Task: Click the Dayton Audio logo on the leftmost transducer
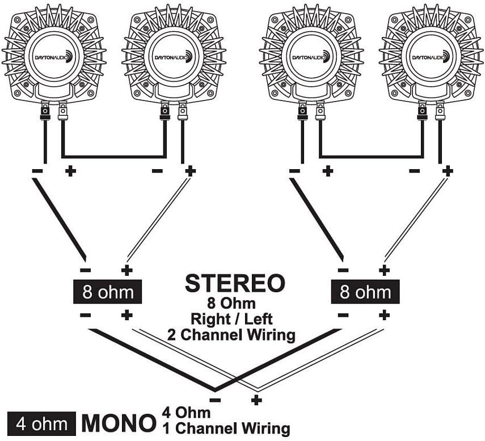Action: click(x=54, y=56)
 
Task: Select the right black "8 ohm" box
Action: click(x=365, y=293)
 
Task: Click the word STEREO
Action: click(x=234, y=283)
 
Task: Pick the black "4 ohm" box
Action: click(x=41, y=423)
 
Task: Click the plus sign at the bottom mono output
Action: click(x=256, y=401)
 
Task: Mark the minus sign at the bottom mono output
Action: click(x=216, y=401)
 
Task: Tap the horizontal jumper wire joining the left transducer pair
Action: click(x=113, y=156)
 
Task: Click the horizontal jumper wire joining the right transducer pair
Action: click(x=371, y=156)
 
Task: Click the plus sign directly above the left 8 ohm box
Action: click(x=126, y=271)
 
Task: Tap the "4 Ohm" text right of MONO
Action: click(x=185, y=412)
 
